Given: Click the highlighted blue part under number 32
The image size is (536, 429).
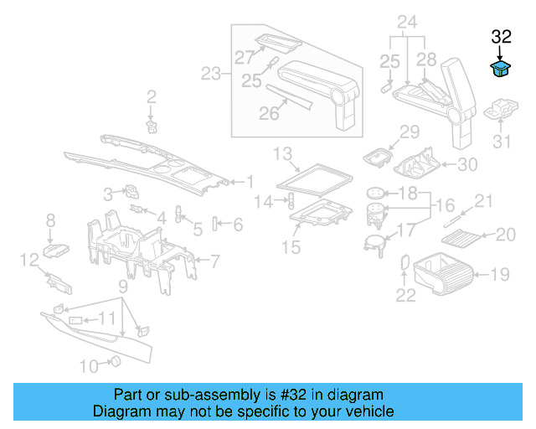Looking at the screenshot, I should click(501, 69).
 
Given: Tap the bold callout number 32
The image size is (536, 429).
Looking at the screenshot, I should click(501, 37).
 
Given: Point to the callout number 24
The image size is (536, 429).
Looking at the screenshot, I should click(407, 21).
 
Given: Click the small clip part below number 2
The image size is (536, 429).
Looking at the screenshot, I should click(152, 126).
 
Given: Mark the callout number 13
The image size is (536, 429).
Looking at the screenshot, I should click(281, 153).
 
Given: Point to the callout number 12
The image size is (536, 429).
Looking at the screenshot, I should click(28, 260).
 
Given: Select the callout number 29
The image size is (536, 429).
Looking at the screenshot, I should click(409, 132).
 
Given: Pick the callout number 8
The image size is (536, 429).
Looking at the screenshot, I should click(50, 220).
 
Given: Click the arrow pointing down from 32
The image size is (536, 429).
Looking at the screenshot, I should click(501, 52).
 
